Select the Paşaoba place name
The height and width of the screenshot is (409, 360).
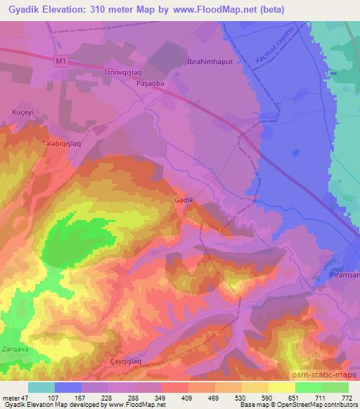point(149,82)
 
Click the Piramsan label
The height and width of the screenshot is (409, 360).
point(344,276)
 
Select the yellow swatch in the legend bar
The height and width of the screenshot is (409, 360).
point(281,387)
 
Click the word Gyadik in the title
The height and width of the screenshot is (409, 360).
point(23,9)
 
